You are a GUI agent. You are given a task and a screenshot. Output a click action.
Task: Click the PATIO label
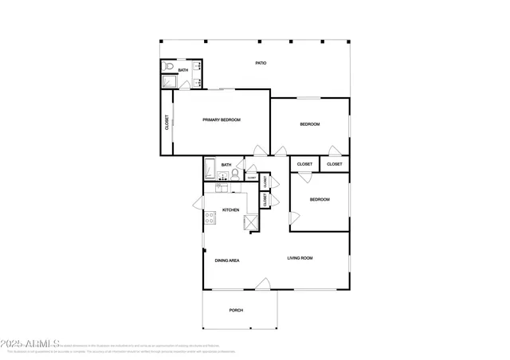pyautogui.click(x=260, y=63)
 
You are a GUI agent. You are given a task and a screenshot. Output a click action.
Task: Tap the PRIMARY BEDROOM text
pyautogui.click(x=222, y=119)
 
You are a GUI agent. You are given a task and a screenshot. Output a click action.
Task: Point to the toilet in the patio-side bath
pyautogui.click(x=168, y=68)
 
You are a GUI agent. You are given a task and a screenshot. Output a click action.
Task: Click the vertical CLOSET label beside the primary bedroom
pyautogui.click(x=167, y=123)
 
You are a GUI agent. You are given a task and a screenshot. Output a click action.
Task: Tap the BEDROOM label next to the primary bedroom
pyautogui.click(x=309, y=124)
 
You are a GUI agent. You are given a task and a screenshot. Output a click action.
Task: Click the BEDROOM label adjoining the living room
pyautogui.click(x=319, y=199)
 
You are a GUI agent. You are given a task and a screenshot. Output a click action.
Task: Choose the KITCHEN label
pyautogui.click(x=230, y=210)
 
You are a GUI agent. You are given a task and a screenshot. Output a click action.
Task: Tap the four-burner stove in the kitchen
pyautogui.click(x=210, y=217)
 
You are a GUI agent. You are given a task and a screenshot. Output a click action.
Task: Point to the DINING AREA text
pyautogui.click(x=227, y=260)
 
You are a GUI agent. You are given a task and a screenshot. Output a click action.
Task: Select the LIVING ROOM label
pyautogui.click(x=300, y=258)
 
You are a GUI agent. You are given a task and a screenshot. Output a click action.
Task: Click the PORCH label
pyautogui.click(x=236, y=310)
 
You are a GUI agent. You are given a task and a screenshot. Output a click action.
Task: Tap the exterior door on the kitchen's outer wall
pyautogui.click(x=198, y=205)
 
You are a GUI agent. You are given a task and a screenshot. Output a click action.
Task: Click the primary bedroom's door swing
pyautogui.click(x=259, y=151)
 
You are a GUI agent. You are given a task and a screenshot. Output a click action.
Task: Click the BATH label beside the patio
pyautogui.click(x=183, y=70)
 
